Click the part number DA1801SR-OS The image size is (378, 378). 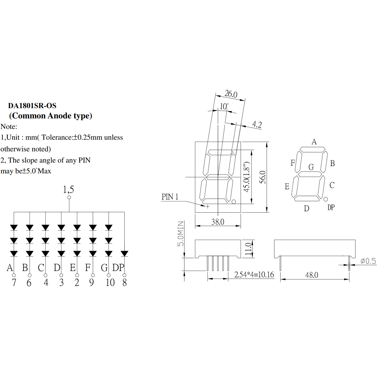(32, 106)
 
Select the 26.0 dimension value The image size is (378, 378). (231, 94)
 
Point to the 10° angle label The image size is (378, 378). (224, 106)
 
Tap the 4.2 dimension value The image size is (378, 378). (257, 124)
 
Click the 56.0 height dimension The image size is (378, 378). (263, 177)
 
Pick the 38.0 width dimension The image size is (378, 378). (218, 222)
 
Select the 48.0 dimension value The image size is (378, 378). (312, 275)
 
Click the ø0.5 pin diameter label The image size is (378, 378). (368, 261)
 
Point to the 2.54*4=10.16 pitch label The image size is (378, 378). (254, 275)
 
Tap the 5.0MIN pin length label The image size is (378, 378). (180, 234)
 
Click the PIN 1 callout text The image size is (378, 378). (170, 197)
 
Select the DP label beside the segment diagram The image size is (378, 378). (331, 207)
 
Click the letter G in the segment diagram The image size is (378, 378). (311, 167)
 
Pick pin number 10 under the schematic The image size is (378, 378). (110, 283)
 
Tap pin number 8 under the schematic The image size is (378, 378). (124, 283)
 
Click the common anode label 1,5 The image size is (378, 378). (68, 190)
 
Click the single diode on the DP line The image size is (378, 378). (124, 254)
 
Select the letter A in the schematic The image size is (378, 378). (10, 267)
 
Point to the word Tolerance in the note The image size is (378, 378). (57, 137)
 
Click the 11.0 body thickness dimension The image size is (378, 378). (248, 249)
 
